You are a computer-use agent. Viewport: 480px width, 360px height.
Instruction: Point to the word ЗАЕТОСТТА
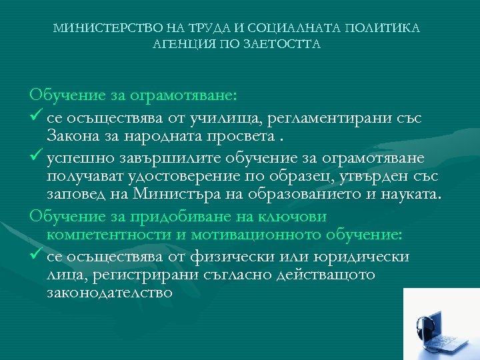284,45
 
